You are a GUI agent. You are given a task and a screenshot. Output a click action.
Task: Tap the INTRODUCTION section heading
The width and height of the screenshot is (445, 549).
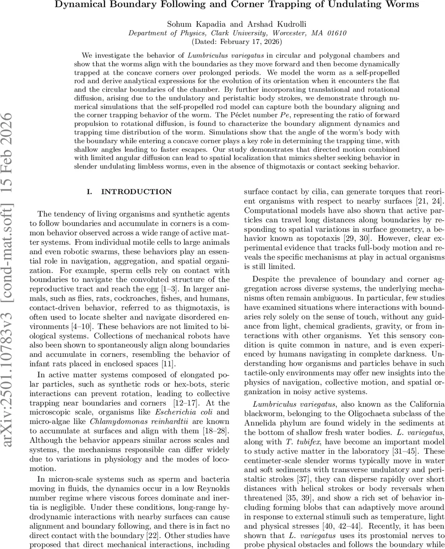pos(130,192)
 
